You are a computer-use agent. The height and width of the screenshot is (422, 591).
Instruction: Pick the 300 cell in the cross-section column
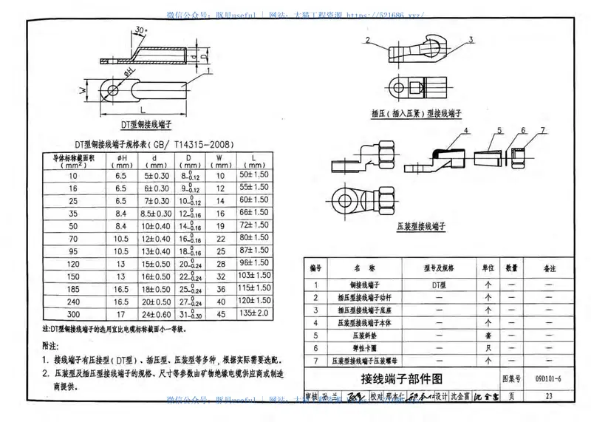72,314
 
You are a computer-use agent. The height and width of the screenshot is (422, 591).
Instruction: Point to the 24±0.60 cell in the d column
157,314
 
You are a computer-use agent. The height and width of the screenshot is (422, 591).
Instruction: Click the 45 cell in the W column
219,314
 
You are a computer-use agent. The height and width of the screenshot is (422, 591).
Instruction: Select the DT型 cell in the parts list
433,285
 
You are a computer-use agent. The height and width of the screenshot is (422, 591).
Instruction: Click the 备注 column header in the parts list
549,268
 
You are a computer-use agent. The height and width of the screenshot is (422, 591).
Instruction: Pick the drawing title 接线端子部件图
400,379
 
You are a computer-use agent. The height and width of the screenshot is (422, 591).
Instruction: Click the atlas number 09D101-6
547,379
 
